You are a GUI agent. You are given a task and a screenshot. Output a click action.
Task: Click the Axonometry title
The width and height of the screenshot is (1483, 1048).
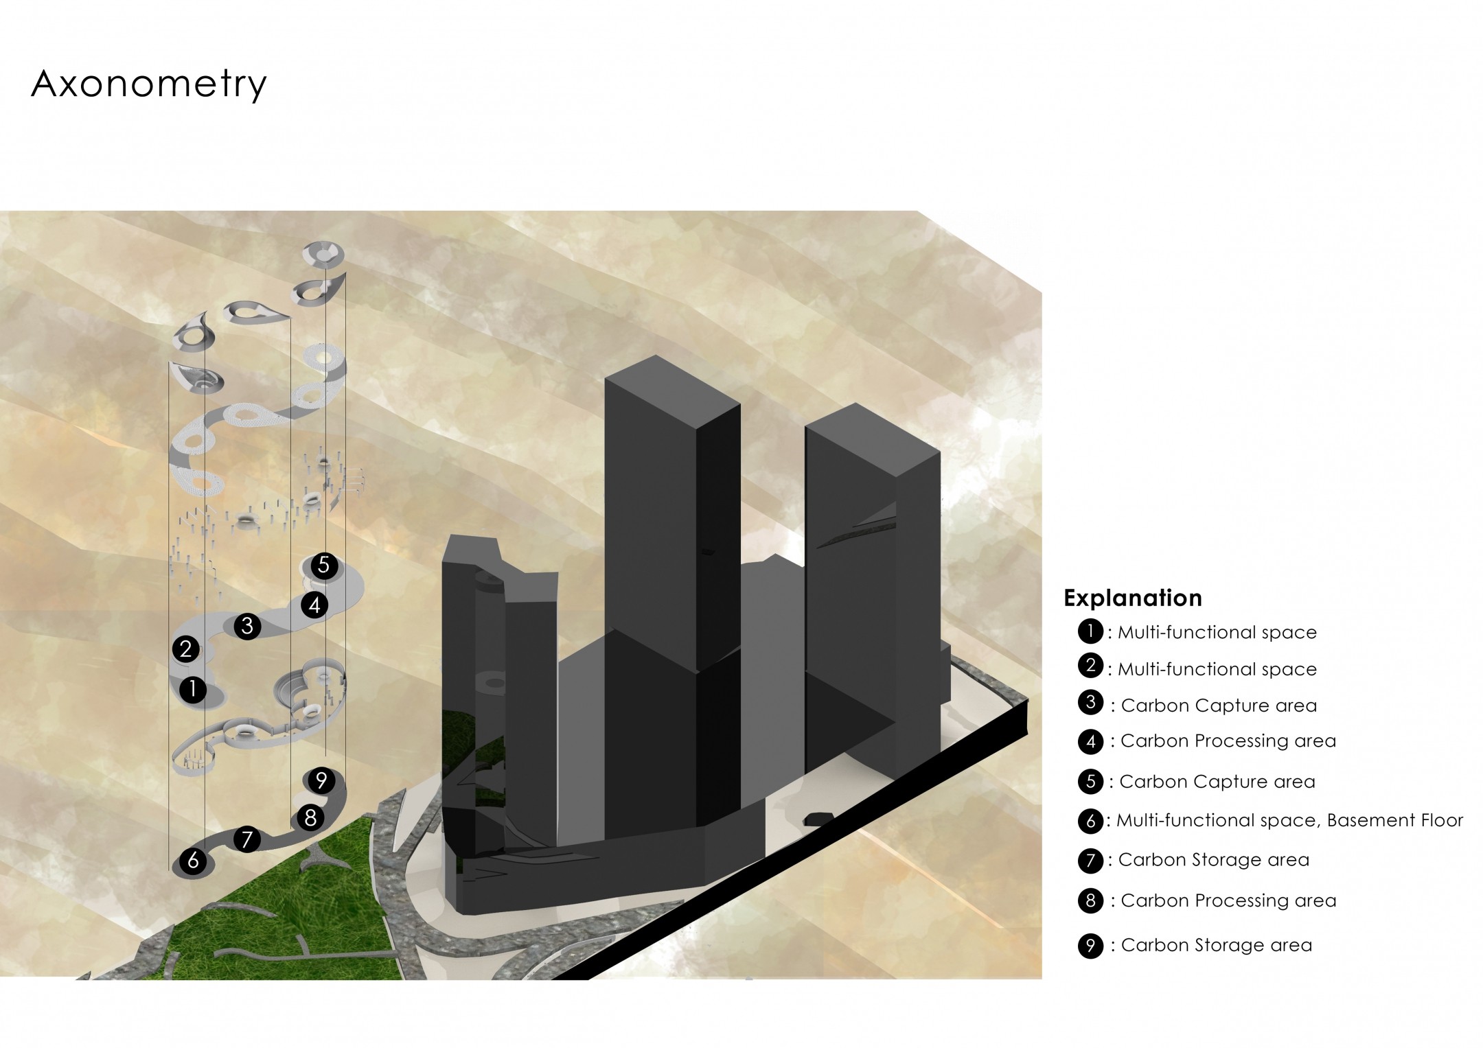click(x=148, y=85)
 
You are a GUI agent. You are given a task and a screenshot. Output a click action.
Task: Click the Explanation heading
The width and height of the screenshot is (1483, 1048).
click(x=1133, y=598)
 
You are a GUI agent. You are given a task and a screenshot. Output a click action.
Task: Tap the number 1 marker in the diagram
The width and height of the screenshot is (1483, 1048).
click(x=193, y=689)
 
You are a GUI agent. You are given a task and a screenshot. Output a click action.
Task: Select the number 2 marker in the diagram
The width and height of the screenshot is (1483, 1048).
click(x=185, y=649)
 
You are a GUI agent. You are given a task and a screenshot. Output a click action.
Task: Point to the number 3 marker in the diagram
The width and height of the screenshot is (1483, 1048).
click(x=247, y=626)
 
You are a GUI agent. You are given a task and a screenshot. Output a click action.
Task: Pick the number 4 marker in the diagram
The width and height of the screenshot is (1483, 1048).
click(x=314, y=605)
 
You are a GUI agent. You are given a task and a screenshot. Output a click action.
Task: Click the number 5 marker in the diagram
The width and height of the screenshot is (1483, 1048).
click(x=323, y=566)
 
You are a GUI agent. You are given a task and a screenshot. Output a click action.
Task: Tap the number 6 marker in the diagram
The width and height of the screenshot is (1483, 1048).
click(x=193, y=861)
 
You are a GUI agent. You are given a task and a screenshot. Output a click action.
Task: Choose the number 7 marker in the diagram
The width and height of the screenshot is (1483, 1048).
click(x=246, y=839)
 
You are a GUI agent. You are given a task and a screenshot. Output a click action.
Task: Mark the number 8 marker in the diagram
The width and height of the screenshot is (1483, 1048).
click(x=310, y=817)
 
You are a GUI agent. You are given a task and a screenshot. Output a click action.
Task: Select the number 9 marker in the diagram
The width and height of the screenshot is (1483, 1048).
click(x=321, y=780)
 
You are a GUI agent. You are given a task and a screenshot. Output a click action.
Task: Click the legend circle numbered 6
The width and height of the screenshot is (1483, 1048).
click(x=1090, y=821)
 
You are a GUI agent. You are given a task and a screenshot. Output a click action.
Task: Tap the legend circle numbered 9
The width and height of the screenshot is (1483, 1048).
click(x=1090, y=946)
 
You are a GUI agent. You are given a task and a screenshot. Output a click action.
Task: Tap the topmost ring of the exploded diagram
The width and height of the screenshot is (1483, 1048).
click(x=323, y=253)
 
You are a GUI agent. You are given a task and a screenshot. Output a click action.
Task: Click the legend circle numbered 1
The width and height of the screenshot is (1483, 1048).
click(x=1090, y=631)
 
